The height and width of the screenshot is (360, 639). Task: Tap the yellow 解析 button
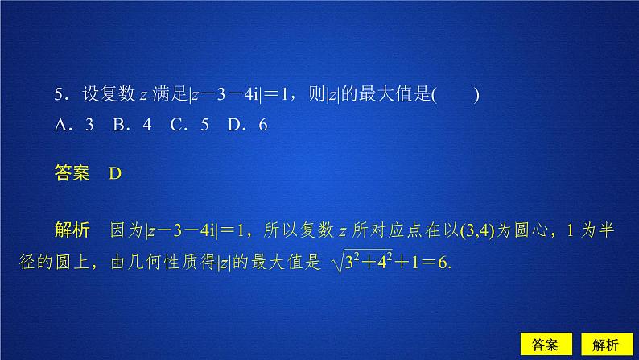pos(603,344)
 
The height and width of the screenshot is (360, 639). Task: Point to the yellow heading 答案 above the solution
pos(72,173)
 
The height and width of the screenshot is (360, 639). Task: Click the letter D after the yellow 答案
pos(113,173)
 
